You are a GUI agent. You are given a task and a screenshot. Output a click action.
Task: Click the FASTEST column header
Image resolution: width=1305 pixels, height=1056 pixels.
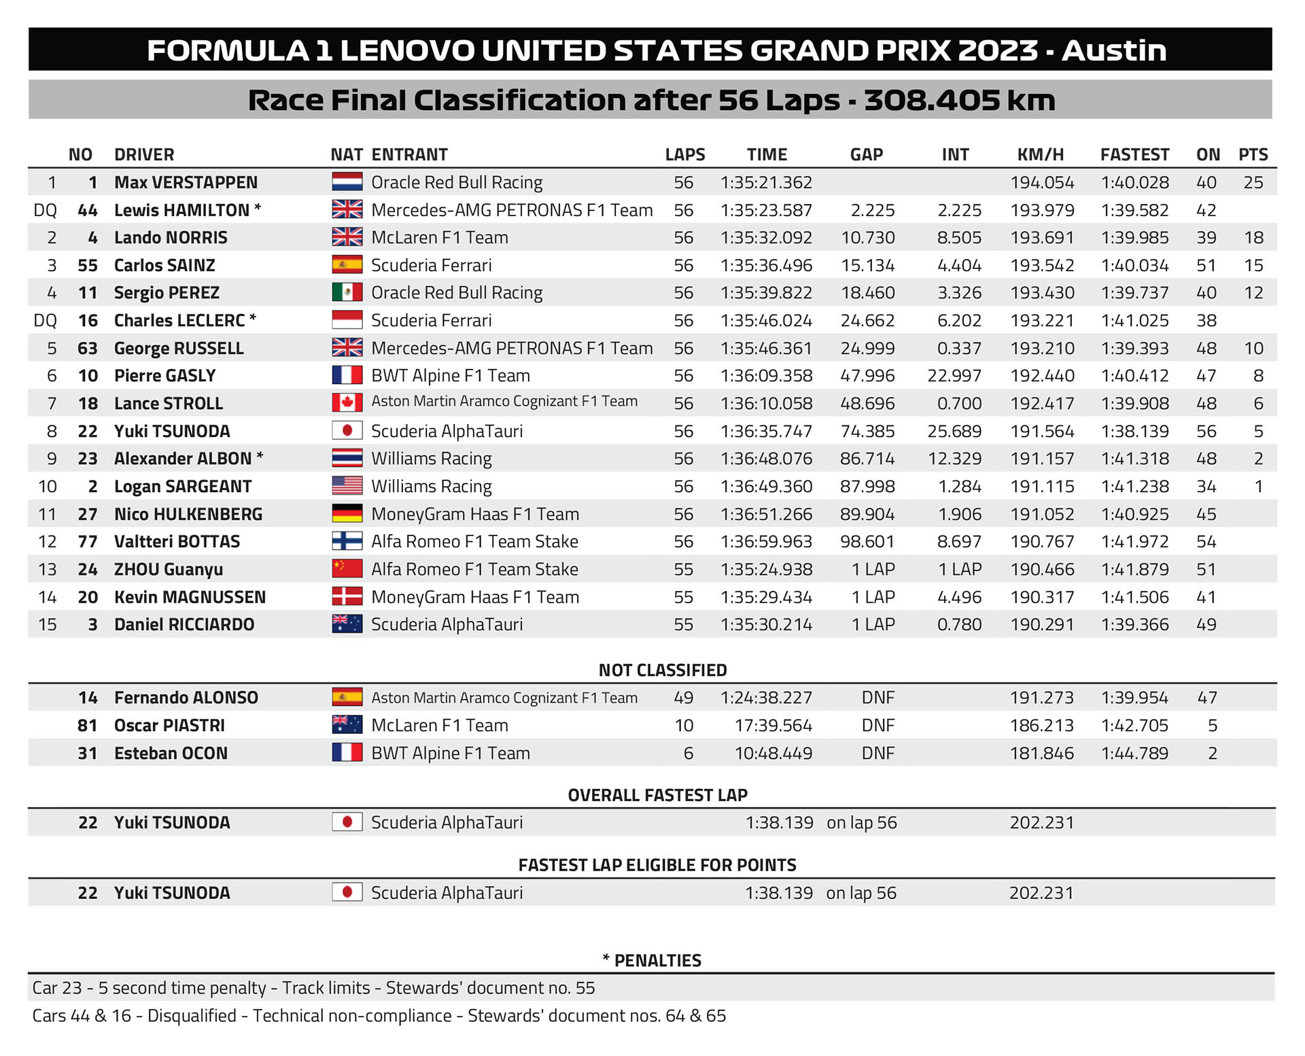pos(1134,155)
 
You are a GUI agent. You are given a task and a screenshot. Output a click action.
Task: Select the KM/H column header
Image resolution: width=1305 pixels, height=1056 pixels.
pos(1040,155)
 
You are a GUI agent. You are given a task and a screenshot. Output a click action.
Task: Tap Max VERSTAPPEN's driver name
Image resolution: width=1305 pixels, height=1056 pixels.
pos(186,183)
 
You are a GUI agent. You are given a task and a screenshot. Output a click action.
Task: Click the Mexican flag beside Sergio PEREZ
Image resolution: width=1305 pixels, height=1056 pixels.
pos(347,293)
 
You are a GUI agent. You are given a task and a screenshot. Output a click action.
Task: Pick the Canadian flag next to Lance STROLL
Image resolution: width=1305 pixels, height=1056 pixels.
pos(347,403)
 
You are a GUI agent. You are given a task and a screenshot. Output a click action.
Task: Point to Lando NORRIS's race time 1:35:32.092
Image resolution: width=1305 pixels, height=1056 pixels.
pos(766,238)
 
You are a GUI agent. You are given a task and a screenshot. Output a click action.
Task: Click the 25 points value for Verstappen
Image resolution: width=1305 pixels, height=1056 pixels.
pos(1253,183)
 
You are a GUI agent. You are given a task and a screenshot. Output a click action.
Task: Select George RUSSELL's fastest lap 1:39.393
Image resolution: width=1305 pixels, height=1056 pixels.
pos(1134,349)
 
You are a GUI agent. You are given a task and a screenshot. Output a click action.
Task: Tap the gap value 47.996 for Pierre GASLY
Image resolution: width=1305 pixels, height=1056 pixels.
pos(867,376)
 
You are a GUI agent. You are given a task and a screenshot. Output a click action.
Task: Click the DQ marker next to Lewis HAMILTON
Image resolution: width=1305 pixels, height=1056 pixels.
pos(45,211)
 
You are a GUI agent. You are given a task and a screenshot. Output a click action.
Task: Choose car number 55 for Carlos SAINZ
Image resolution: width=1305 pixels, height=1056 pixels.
pos(88,266)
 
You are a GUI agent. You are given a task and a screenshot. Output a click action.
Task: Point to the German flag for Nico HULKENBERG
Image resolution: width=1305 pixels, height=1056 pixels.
pos(347,514)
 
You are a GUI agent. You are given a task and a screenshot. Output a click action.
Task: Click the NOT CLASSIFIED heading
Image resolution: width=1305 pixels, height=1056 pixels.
pos(663,671)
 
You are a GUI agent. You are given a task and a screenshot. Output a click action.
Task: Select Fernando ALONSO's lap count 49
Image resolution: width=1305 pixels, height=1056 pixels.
pos(684,698)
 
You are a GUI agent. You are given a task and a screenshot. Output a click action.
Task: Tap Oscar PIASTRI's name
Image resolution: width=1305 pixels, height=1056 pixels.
pos(169,726)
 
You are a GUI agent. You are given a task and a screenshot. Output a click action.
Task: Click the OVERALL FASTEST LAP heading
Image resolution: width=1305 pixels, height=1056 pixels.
pos(657,795)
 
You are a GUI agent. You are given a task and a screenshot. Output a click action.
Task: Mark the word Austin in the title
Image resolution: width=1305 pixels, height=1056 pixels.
pos(1113,51)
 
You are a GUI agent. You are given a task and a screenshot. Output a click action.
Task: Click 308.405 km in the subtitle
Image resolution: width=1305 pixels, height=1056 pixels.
pos(959,101)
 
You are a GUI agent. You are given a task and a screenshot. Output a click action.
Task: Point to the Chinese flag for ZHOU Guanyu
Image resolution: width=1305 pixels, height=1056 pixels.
pos(347,569)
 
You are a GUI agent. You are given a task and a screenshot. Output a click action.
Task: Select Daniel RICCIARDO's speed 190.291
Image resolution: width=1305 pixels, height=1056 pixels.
pos(1042,624)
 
